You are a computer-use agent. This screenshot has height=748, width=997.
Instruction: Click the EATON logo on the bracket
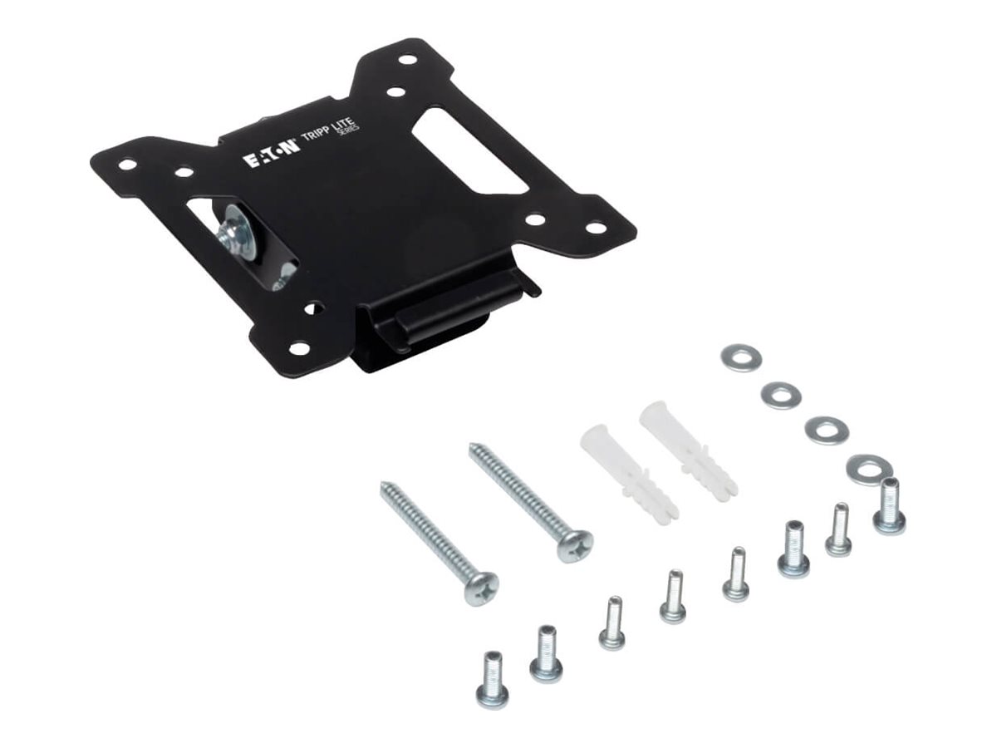tap(272, 154)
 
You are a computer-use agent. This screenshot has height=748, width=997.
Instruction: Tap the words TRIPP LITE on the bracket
tap(329, 130)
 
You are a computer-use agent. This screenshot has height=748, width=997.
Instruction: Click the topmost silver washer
tap(734, 357)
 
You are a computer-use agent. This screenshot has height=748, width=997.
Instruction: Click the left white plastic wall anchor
tap(629, 471)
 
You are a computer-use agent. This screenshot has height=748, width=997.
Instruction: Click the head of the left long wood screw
tap(481, 588)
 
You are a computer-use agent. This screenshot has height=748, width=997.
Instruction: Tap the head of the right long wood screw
tap(576, 545)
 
